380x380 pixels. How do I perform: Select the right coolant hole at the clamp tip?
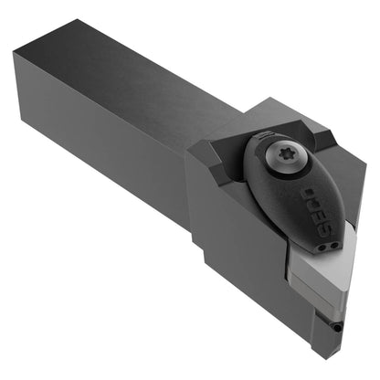click(x=334, y=246)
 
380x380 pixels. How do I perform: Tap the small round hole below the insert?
click(x=337, y=328)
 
